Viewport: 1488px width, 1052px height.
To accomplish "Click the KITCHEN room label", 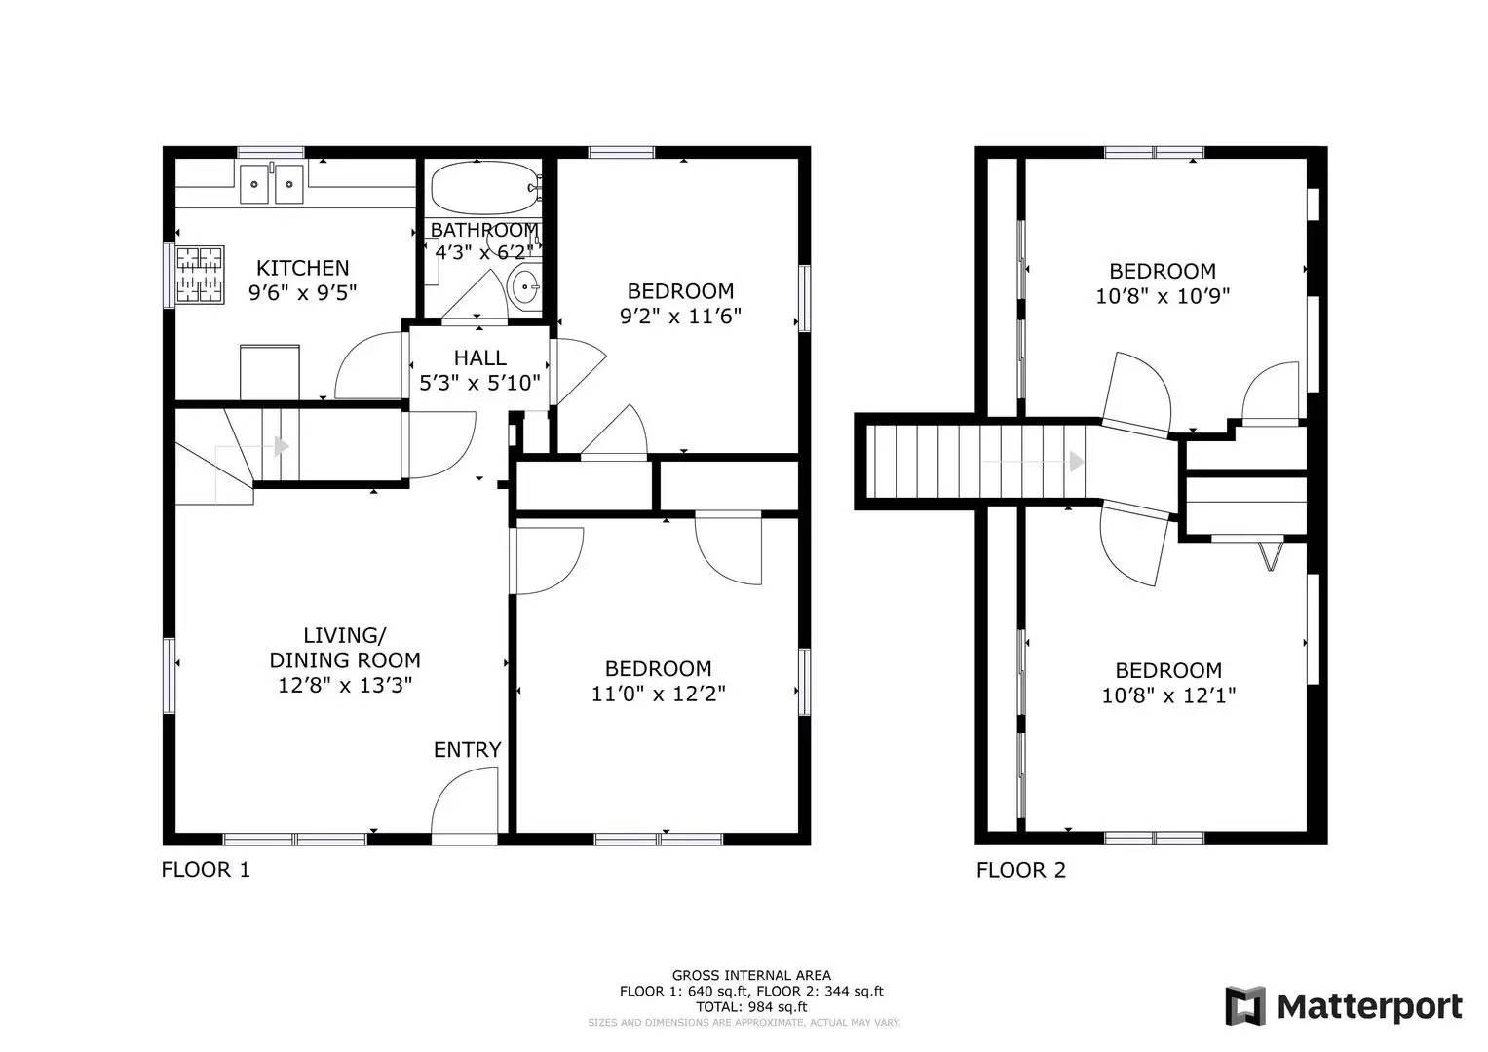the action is (x=302, y=268).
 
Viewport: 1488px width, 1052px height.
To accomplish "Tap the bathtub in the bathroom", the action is (x=484, y=188).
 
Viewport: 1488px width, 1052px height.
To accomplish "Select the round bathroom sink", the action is (x=524, y=287).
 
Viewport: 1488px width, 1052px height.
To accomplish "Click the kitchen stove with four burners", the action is (x=200, y=275).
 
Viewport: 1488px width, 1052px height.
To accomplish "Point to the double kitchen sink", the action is (x=272, y=183).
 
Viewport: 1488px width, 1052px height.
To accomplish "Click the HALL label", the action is (x=479, y=358).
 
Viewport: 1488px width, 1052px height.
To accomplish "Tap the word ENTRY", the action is (x=467, y=750).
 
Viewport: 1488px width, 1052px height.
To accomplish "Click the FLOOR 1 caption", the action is (x=206, y=869).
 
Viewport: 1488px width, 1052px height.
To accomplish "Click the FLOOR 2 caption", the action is (x=1021, y=870).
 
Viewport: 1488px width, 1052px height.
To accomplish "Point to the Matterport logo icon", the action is (x=1244, y=1006).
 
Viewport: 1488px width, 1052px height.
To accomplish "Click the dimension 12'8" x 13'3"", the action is (x=345, y=685).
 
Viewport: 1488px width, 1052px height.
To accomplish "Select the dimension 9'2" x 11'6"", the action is (x=680, y=317).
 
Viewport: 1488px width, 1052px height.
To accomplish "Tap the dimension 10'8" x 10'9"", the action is (x=1163, y=296).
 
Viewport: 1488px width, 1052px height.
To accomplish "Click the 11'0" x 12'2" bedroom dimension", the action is (x=659, y=694).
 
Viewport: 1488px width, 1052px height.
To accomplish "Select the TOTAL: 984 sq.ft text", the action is (x=751, y=1007).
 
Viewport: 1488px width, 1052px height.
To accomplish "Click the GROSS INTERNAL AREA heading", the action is (x=751, y=976).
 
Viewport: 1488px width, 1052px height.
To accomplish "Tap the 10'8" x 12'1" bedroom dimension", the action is (x=1168, y=695).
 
